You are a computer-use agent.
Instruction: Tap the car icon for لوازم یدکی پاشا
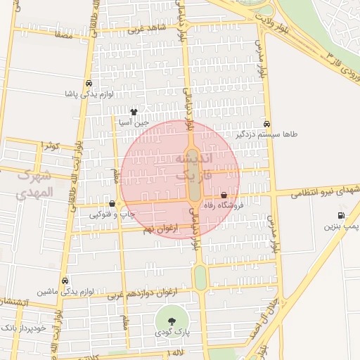point(89,83)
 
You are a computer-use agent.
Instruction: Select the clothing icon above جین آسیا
point(134,112)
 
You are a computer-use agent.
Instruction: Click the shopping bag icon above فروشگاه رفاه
point(224,195)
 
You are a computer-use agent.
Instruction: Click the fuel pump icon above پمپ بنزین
point(341,216)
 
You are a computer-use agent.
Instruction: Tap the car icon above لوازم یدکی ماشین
point(65,280)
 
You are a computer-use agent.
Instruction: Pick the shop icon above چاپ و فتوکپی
point(112,203)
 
